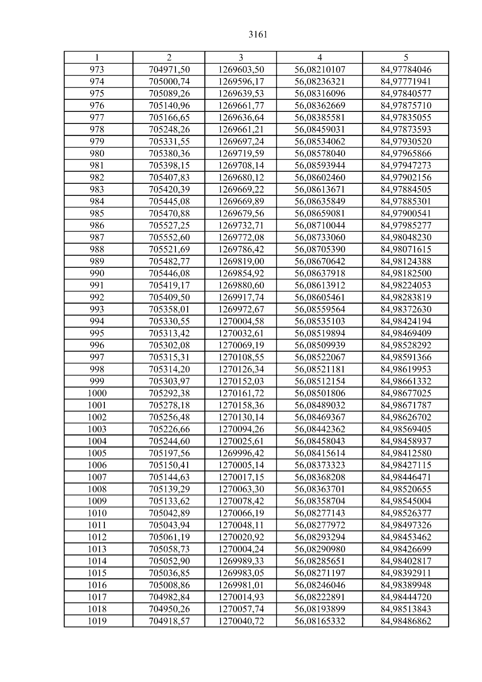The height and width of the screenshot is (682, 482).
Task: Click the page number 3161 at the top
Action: point(258,35)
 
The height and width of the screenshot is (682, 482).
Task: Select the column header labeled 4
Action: point(319,57)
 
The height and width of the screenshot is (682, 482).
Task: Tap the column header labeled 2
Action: point(169,57)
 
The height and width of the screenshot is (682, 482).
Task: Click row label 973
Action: point(97,70)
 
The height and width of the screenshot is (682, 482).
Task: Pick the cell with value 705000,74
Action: point(169,82)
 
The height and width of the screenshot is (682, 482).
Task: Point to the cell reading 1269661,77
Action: point(241,106)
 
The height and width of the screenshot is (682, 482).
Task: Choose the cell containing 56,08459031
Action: point(320,129)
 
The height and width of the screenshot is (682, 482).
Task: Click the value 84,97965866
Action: point(406,154)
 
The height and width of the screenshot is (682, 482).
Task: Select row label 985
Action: point(97,213)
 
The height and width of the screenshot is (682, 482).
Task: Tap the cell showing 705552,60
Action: point(169,238)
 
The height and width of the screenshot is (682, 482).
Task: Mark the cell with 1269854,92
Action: point(241,273)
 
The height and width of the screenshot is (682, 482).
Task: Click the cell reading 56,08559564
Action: point(320,309)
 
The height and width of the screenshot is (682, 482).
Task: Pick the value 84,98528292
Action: point(406,345)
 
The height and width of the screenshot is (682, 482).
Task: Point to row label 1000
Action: point(97,393)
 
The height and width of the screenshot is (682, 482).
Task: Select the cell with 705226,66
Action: point(169,429)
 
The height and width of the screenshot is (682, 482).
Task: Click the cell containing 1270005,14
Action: point(241,465)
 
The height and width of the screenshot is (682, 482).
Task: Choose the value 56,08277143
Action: point(320,513)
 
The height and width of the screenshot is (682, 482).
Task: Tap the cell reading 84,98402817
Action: point(406,561)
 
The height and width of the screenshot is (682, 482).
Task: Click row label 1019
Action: point(97,621)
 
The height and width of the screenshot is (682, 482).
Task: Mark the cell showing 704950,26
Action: point(169,609)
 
